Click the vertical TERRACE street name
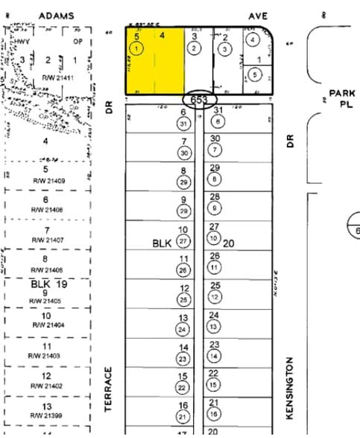(x=108, y=390)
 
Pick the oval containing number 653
(x=200, y=100)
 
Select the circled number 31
(x=183, y=122)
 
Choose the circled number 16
(x=215, y=413)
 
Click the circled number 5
(x=255, y=74)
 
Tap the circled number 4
(x=253, y=39)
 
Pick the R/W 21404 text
(x=46, y=326)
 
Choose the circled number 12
(x=215, y=296)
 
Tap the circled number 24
(x=183, y=328)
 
